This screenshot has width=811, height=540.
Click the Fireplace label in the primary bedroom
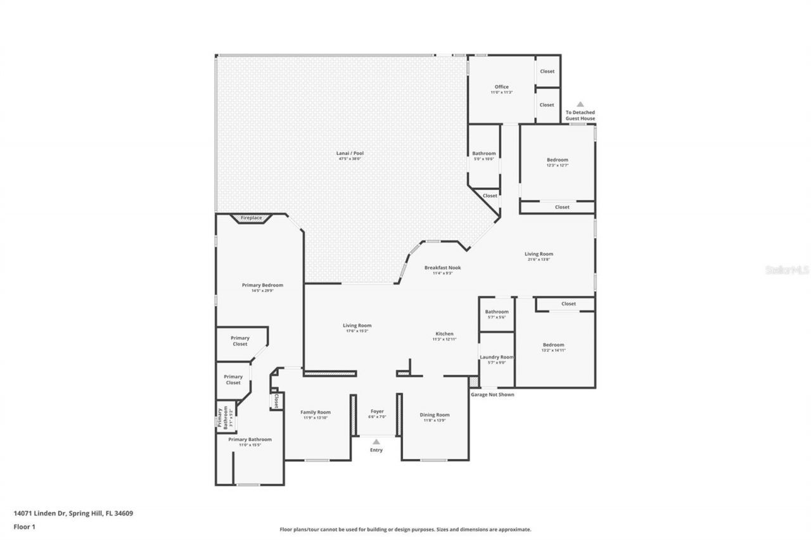251,218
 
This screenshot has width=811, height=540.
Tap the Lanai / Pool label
350,153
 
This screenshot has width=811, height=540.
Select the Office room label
501,87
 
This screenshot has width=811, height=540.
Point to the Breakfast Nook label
442,268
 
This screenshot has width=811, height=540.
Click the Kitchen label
444,334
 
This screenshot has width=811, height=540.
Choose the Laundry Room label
496,357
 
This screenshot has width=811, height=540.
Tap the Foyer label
377,411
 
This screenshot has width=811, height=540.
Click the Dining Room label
435,415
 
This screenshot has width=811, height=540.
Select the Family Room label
316,412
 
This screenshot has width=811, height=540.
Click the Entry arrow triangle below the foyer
376,442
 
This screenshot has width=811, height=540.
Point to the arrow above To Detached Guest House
580,104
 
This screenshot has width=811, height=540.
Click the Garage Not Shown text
492,394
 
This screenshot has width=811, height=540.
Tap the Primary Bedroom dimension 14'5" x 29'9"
262,291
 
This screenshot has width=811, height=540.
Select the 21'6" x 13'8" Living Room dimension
539,260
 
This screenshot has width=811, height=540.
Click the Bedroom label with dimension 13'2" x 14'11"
553,345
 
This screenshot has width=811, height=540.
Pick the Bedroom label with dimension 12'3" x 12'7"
558,160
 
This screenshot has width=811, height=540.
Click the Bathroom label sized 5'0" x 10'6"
484,154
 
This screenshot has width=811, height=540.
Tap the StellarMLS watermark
787,270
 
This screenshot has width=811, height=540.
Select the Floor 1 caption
24,526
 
